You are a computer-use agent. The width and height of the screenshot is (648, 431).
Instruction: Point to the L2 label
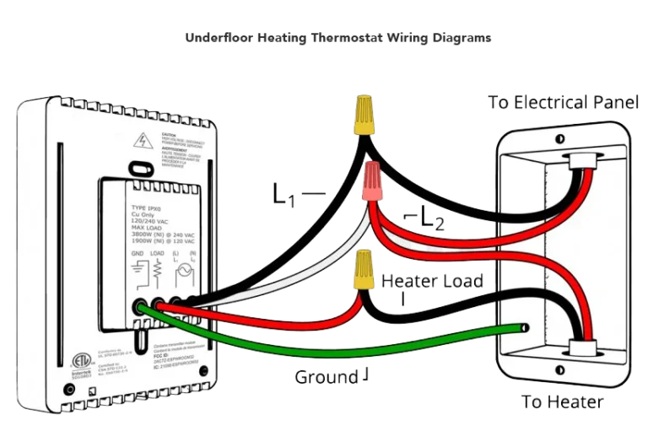pos(430,222)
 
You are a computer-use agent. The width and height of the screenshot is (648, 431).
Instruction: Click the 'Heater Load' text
pos(432,282)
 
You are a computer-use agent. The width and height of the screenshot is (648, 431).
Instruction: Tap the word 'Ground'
pos(326,377)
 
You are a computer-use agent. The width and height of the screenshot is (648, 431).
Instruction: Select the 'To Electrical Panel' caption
pos(564,103)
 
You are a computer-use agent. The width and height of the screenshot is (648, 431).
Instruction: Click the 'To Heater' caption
pos(563,401)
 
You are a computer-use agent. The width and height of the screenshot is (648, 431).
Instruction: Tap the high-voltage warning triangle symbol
pos(144,137)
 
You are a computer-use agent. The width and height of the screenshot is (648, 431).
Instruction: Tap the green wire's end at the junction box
pos(525,326)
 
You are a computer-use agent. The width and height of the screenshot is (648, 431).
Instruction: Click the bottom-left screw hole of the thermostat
pos(68,390)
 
